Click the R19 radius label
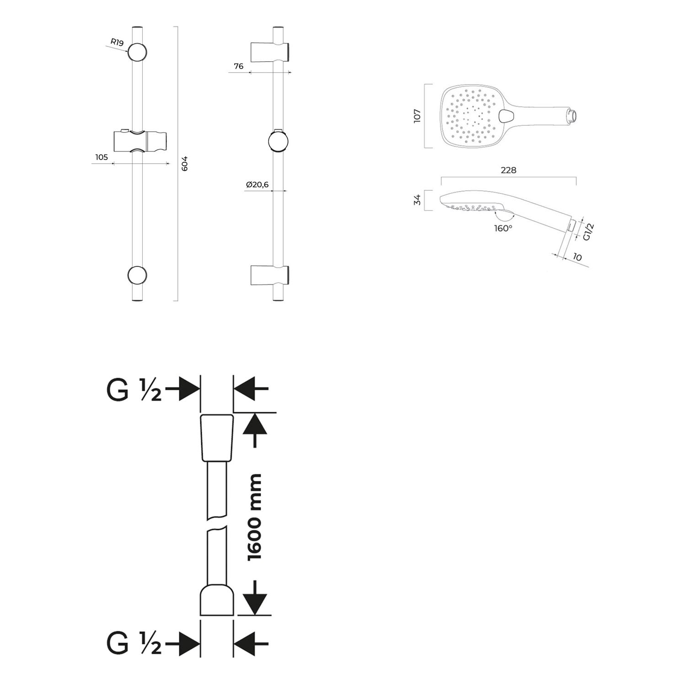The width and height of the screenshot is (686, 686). click(x=117, y=43)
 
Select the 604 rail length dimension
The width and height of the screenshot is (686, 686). click(x=185, y=163)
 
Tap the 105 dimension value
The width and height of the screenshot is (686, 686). click(x=102, y=157)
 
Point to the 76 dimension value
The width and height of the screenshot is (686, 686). click(x=239, y=66)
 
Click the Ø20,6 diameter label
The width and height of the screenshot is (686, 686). click(x=257, y=185)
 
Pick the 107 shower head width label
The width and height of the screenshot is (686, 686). click(x=417, y=115)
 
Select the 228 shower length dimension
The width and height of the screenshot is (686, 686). click(x=509, y=170)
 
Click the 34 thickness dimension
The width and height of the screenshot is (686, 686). click(x=417, y=200)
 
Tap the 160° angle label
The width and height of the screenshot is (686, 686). click(x=503, y=228)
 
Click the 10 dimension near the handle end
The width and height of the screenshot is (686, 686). click(x=577, y=257)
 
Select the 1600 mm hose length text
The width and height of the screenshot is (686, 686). click(x=254, y=517)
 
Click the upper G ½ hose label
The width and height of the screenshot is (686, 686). click(x=134, y=390)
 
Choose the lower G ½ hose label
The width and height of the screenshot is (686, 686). click(x=134, y=643)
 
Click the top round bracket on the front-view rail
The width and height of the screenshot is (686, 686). click(x=137, y=52)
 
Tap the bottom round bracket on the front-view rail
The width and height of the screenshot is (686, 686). click(x=137, y=275)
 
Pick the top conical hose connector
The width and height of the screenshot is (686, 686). click(x=217, y=438)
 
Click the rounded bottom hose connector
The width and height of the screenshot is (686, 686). click(x=217, y=600)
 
